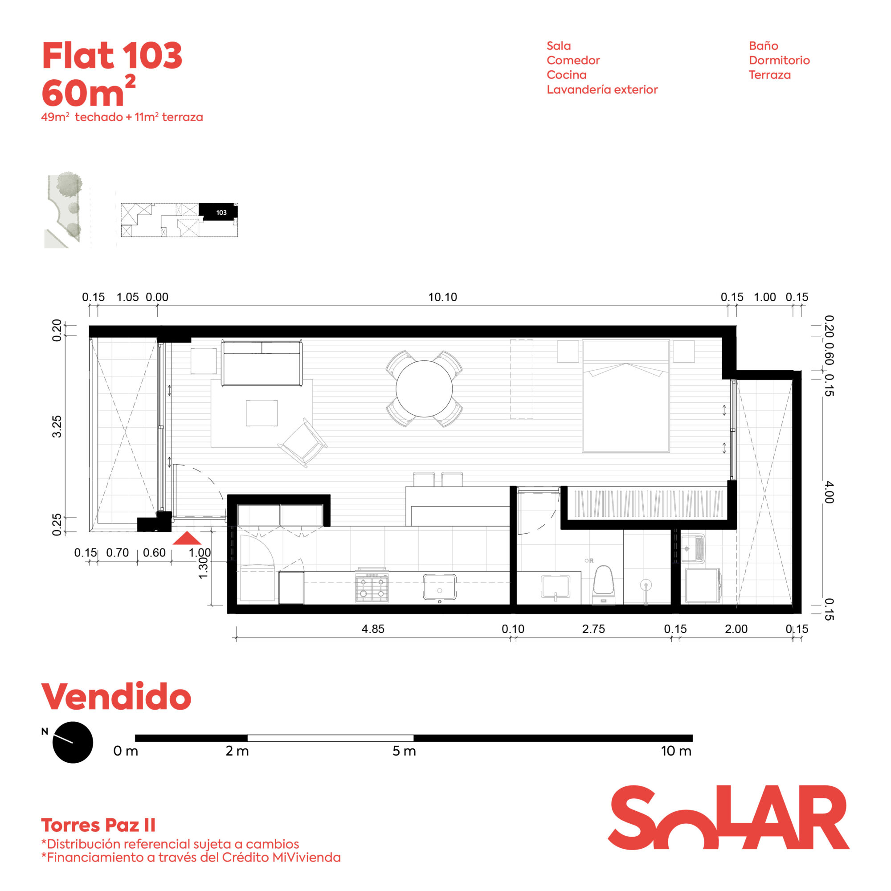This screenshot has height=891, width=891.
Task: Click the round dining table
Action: click(x=424, y=389)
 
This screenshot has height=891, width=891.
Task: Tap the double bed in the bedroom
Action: click(x=625, y=396)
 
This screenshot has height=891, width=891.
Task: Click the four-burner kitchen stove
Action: click(x=372, y=586)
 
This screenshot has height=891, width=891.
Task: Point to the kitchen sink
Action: click(x=440, y=587)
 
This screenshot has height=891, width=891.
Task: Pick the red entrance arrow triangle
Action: click(x=187, y=538)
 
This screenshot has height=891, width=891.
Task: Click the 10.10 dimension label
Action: click(x=442, y=297)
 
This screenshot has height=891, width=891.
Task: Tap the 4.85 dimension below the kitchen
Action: click(x=372, y=629)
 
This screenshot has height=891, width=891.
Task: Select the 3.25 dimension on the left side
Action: click(x=56, y=426)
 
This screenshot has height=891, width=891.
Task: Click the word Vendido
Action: click(x=116, y=696)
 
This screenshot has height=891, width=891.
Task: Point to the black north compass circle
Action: click(x=73, y=742)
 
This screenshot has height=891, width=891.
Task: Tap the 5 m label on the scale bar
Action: click(x=404, y=751)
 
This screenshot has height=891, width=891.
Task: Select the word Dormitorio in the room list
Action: click(x=779, y=60)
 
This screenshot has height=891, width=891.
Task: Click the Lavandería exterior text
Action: click(x=602, y=90)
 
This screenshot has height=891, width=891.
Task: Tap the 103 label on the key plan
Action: click(x=221, y=213)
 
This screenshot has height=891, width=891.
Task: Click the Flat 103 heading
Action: click(x=112, y=56)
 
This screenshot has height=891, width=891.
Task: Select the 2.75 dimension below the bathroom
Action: click(x=593, y=629)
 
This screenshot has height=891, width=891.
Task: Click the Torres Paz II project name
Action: click(x=98, y=825)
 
